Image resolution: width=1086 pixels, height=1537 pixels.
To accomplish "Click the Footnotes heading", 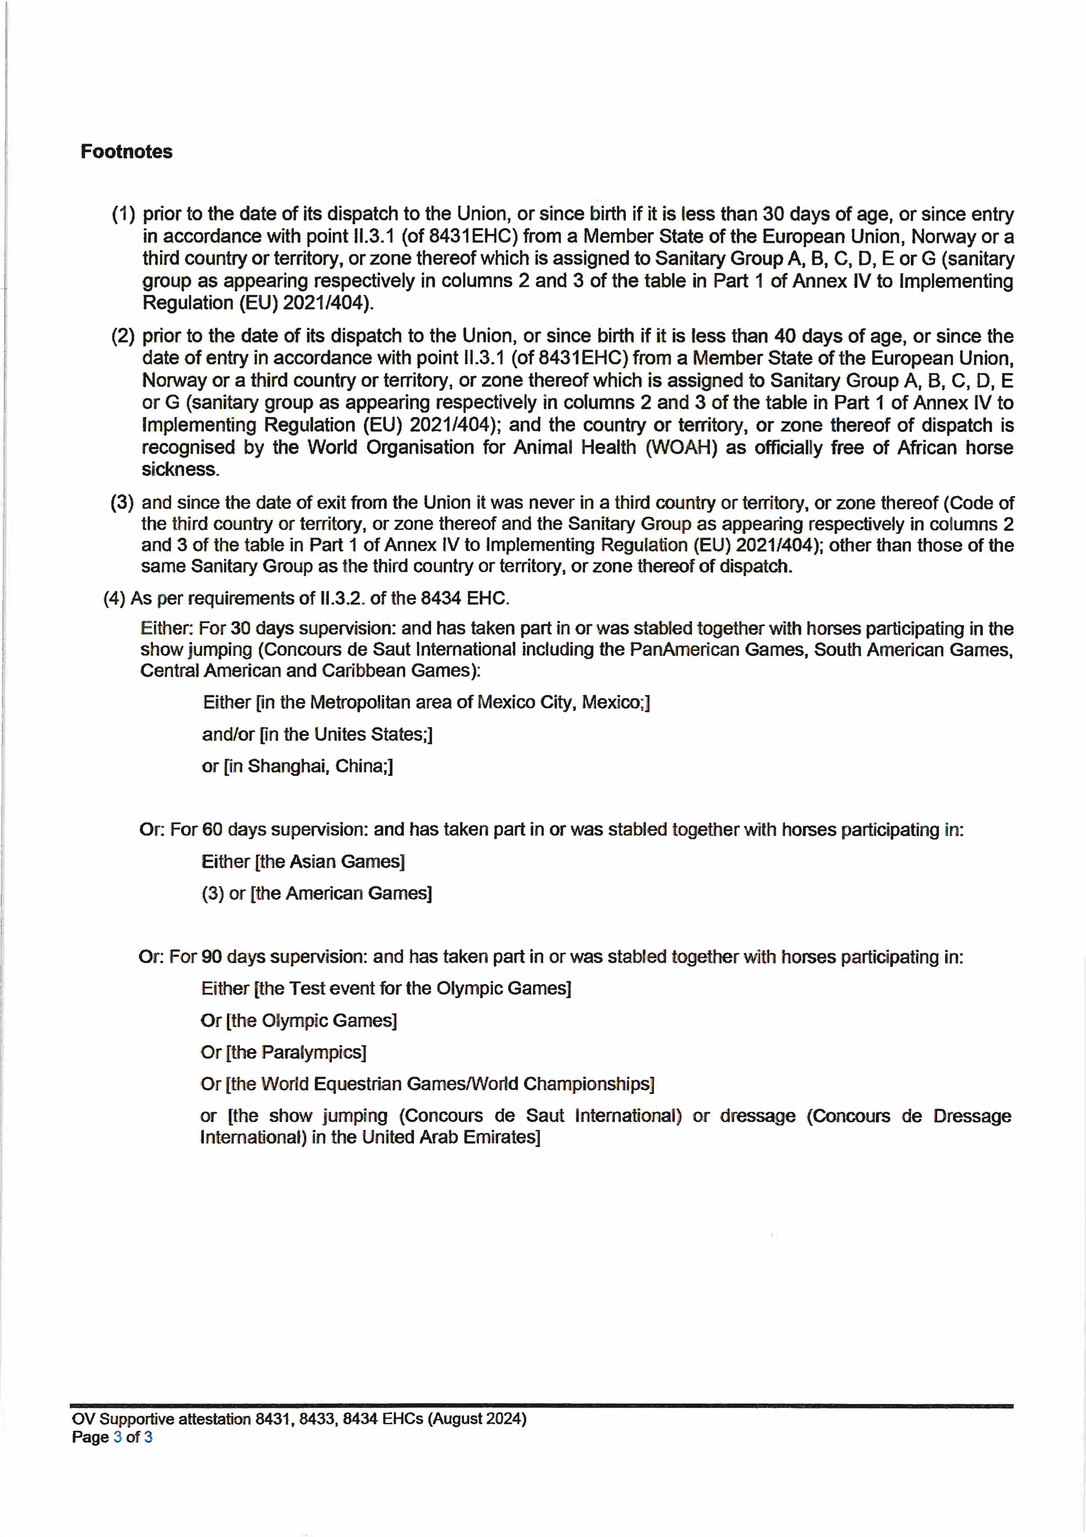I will (x=127, y=152).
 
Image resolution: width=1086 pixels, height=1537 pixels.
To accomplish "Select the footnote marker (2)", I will (x=123, y=336).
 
